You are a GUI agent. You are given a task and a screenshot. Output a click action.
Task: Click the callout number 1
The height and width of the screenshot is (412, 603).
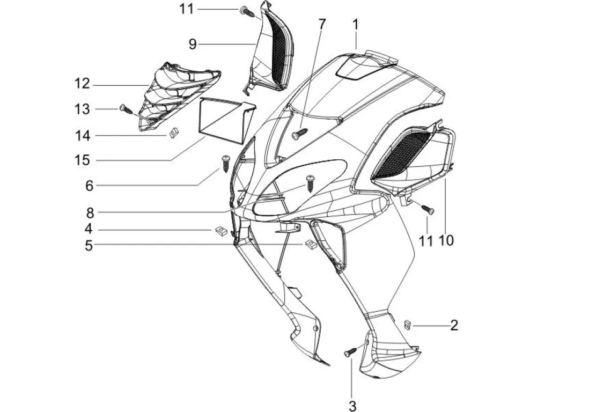[355, 24]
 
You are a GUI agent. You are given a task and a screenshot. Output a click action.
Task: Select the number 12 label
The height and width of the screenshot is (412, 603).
[83, 84]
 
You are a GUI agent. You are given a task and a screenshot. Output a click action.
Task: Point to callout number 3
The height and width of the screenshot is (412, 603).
[352, 404]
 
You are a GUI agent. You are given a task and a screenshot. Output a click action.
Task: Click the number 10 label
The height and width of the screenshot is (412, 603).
[446, 241]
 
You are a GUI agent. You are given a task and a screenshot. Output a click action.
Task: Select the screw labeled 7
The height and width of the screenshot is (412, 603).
[299, 134]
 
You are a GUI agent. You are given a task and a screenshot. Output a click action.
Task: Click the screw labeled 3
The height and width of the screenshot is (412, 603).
[350, 352]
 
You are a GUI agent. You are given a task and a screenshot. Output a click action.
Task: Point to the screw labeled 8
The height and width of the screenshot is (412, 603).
[310, 182]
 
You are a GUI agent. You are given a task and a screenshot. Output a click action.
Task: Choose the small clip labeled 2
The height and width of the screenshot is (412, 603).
[408, 325]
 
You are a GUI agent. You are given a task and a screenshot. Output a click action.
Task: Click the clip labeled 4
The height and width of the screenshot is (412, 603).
[219, 231]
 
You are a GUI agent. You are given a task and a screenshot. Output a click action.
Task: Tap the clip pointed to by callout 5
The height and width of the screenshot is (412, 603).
[309, 245]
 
